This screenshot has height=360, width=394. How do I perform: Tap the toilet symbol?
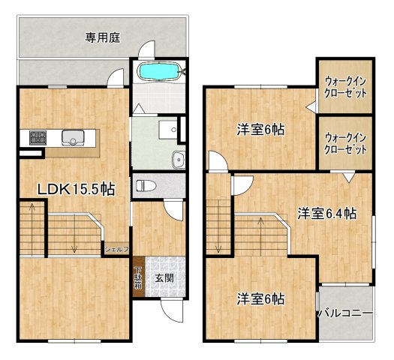pos(146,185)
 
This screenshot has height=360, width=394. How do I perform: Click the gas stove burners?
pos(38,137)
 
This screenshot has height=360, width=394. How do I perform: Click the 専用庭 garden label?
pos(104,35)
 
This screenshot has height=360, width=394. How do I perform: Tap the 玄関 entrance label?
pos(164,277)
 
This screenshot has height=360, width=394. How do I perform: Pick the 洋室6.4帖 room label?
pos(325,213)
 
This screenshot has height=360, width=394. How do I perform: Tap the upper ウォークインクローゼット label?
pos(345,88)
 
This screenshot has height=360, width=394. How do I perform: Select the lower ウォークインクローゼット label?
pos(345,142)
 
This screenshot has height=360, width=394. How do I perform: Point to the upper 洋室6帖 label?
pos(260,130)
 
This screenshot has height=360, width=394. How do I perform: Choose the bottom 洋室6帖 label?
pos(260,298)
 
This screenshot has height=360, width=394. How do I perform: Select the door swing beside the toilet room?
pos(173,209)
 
